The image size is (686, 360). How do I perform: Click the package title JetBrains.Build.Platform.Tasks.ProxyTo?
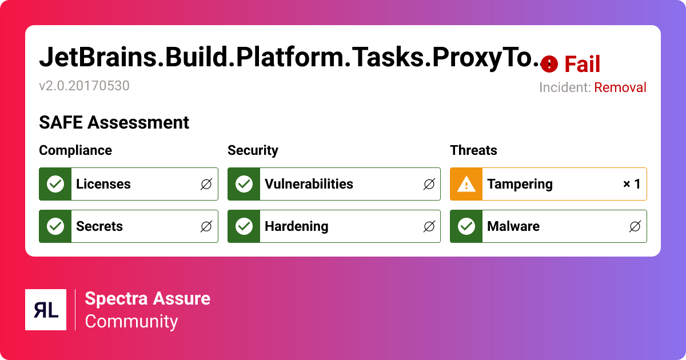tap(289, 58)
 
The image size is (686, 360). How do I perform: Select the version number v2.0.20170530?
tap(84, 86)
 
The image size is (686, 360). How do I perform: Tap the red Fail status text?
tap(582, 65)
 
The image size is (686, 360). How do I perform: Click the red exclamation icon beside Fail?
tap(549, 64)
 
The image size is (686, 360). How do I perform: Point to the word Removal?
tap(620, 87)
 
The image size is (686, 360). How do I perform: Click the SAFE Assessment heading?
tap(114, 122)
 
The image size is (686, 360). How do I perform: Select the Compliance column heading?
tap(75, 150)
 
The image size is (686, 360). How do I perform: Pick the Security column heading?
tap(253, 150)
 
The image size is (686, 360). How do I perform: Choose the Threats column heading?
tap(473, 150)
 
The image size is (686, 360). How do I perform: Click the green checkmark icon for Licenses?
tap(55, 184)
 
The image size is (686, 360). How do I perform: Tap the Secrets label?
tap(99, 226)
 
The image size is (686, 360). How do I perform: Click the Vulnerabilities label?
tap(309, 184)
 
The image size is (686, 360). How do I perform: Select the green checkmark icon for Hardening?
tap(244, 226)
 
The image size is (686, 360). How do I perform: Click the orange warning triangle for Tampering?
tap(466, 184)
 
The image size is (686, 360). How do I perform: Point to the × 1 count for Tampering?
tap(631, 184)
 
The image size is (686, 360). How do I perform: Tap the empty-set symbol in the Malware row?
tap(635, 227)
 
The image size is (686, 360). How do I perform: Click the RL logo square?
tap(46, 310)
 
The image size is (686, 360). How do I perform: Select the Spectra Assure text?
tap(147, 298)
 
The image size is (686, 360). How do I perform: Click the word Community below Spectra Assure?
tap(131, 322)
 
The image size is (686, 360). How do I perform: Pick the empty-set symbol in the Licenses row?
tap(206, 185)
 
